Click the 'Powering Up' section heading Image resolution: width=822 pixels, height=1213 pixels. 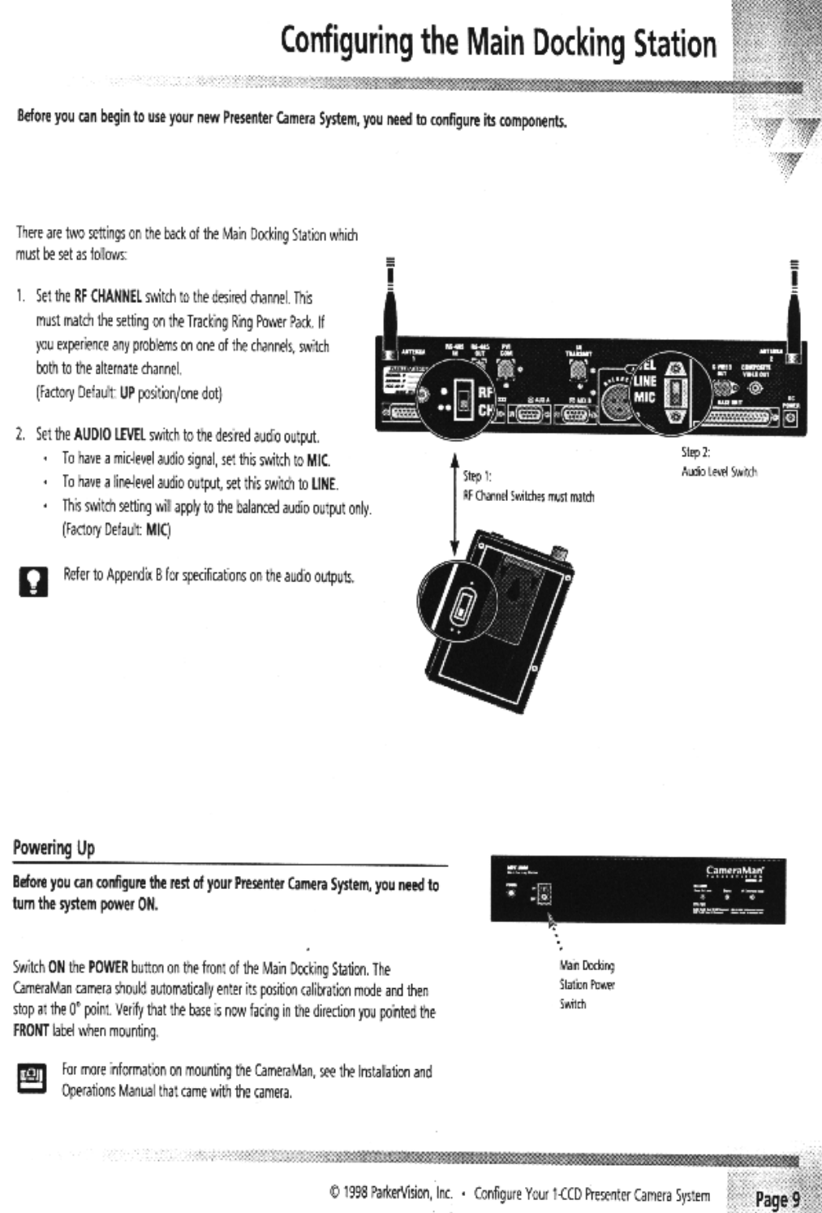click(x=54, y=848)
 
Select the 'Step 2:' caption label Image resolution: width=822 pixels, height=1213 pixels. click(x=695, y=453)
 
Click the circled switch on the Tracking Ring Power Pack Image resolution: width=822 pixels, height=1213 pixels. click(x=463, y=605)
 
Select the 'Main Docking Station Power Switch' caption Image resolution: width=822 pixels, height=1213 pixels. click(x=587, y=985)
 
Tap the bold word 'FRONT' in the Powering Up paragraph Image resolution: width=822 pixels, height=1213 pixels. click(x=31, y=1031)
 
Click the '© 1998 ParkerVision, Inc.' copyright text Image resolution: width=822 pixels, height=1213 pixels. click(x=389, y=1195)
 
